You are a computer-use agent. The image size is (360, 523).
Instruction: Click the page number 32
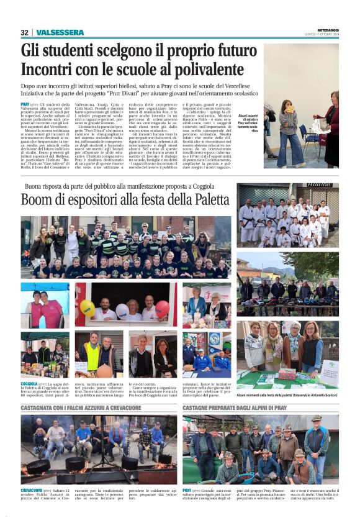pos(24,32)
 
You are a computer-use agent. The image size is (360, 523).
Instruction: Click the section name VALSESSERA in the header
pos(60,32)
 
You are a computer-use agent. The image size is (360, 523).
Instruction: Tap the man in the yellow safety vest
pos(92,354)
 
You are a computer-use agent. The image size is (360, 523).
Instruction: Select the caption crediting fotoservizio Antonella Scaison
pos(287,394)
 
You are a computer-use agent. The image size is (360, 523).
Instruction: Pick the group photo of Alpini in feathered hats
pos(261,450)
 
